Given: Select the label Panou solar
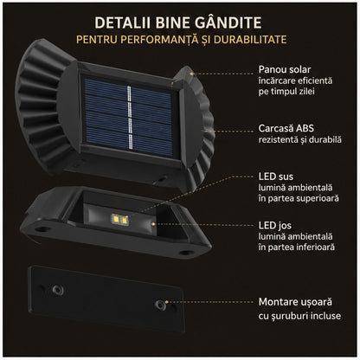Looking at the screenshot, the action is click(x=285, y=69).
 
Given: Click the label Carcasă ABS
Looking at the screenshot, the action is click(x=286, y=128).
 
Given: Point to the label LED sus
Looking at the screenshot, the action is click(x=276, y=177).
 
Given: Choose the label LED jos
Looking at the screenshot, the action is click(x=275, y=226).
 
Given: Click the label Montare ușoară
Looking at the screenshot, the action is click(x=295, y=302).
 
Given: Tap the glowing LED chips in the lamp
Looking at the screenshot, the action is click(x=120, y=220).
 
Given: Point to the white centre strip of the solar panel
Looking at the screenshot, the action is click(x=129, y=117).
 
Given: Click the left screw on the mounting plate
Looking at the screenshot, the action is click(x=58, y=290).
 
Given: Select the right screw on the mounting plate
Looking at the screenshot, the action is click(x=160, y=305).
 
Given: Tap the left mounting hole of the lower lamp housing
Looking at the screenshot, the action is click(x=42, y=229).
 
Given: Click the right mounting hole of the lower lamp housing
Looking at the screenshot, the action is click(x=184, y=253).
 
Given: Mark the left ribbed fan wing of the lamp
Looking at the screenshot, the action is click(x=43, y=106).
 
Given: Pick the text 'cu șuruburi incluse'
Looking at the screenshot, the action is click(x=299, y=316).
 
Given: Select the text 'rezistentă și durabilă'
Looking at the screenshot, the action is click(x=300, y=140).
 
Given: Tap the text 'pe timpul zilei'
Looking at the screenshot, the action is click(x=286, y=92).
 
